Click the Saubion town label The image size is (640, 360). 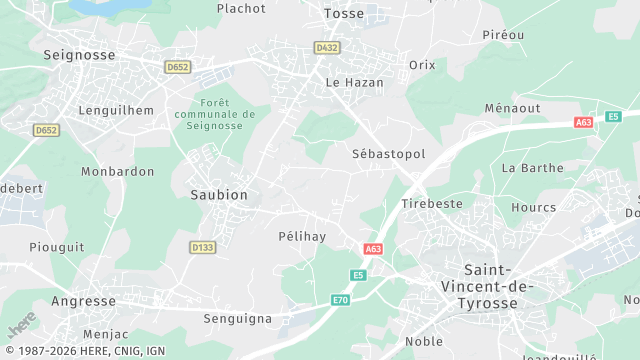coord(219,194)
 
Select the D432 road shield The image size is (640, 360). coord(326,47)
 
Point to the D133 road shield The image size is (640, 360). coord(202,246)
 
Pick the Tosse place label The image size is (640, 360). coord(345,13)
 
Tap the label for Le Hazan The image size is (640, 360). coord(355,82)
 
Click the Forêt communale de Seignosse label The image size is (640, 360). coord(215,114)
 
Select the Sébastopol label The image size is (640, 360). coord(389,154)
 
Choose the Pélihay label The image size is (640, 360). coord(302,236)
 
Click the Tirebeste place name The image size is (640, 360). coord(432,203)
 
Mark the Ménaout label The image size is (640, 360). coord(512,107)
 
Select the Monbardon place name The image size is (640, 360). coord(118,171)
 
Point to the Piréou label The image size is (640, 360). coord(503,34)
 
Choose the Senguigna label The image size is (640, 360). coord(237,318)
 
